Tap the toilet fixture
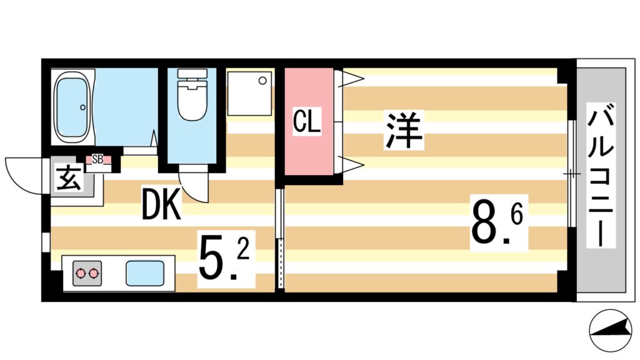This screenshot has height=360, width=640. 192,96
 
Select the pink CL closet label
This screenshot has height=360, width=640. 307,122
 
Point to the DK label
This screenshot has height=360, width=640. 161,205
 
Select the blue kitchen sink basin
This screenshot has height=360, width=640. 145,273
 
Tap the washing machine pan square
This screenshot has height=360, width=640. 249,93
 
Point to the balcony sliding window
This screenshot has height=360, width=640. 571,172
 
